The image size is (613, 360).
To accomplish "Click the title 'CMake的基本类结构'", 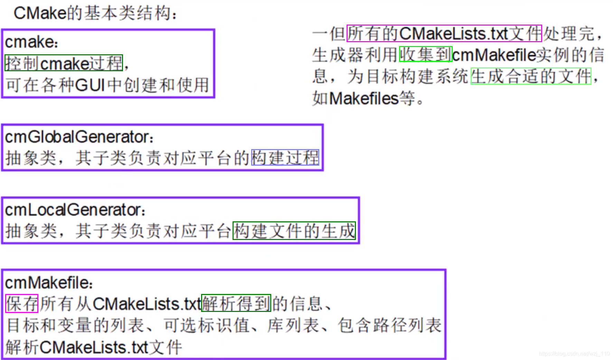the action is click(x=95, y=13).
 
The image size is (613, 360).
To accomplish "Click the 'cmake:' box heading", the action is click(x=31, y=42).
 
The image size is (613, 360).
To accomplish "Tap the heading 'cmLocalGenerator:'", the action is click(x=75, y=210).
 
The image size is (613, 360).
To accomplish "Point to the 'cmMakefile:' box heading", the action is click(x=48, y=283).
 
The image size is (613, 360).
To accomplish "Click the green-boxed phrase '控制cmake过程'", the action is click(x=64, y=63).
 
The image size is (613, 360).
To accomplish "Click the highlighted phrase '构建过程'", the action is click(x=285, y=158).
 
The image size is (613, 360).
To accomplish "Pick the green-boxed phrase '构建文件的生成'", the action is click(x=294, y=231).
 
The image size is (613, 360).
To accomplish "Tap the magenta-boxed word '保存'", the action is click(x=22, y=304).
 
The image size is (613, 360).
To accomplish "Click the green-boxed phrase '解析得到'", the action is click(x=236, y=303).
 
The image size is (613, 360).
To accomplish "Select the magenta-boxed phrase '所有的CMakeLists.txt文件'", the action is click(x=444, y=34).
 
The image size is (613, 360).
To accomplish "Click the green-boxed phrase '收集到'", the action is click(x=426, y=55).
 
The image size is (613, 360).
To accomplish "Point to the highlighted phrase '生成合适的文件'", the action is click(x=531, y=76).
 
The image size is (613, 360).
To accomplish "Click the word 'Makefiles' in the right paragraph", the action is click(x=364, y=99).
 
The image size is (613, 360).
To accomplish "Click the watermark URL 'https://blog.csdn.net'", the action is click(x=574, y=353).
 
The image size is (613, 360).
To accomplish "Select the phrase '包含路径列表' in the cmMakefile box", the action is click(x=390, y=325).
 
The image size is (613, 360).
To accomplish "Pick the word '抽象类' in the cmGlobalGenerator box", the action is click(x=31, y=158).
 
